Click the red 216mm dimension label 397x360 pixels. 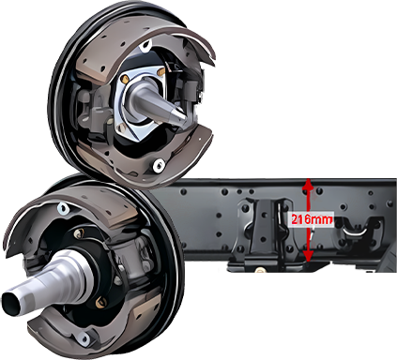click(x=312, y=219)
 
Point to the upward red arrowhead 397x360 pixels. click(x=308, y=185)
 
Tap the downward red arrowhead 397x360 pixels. click(x=308, y=255)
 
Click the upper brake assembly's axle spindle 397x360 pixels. click(x=157, y=102)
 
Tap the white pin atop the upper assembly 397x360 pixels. click(x=145, y=47)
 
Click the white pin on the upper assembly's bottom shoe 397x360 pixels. click(x=159, y=165)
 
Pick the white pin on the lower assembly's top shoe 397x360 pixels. click(x=63, y=208)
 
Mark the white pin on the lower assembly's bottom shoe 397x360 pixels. click(x=84, y=338)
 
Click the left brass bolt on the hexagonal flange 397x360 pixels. click(x=126, y=79)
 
